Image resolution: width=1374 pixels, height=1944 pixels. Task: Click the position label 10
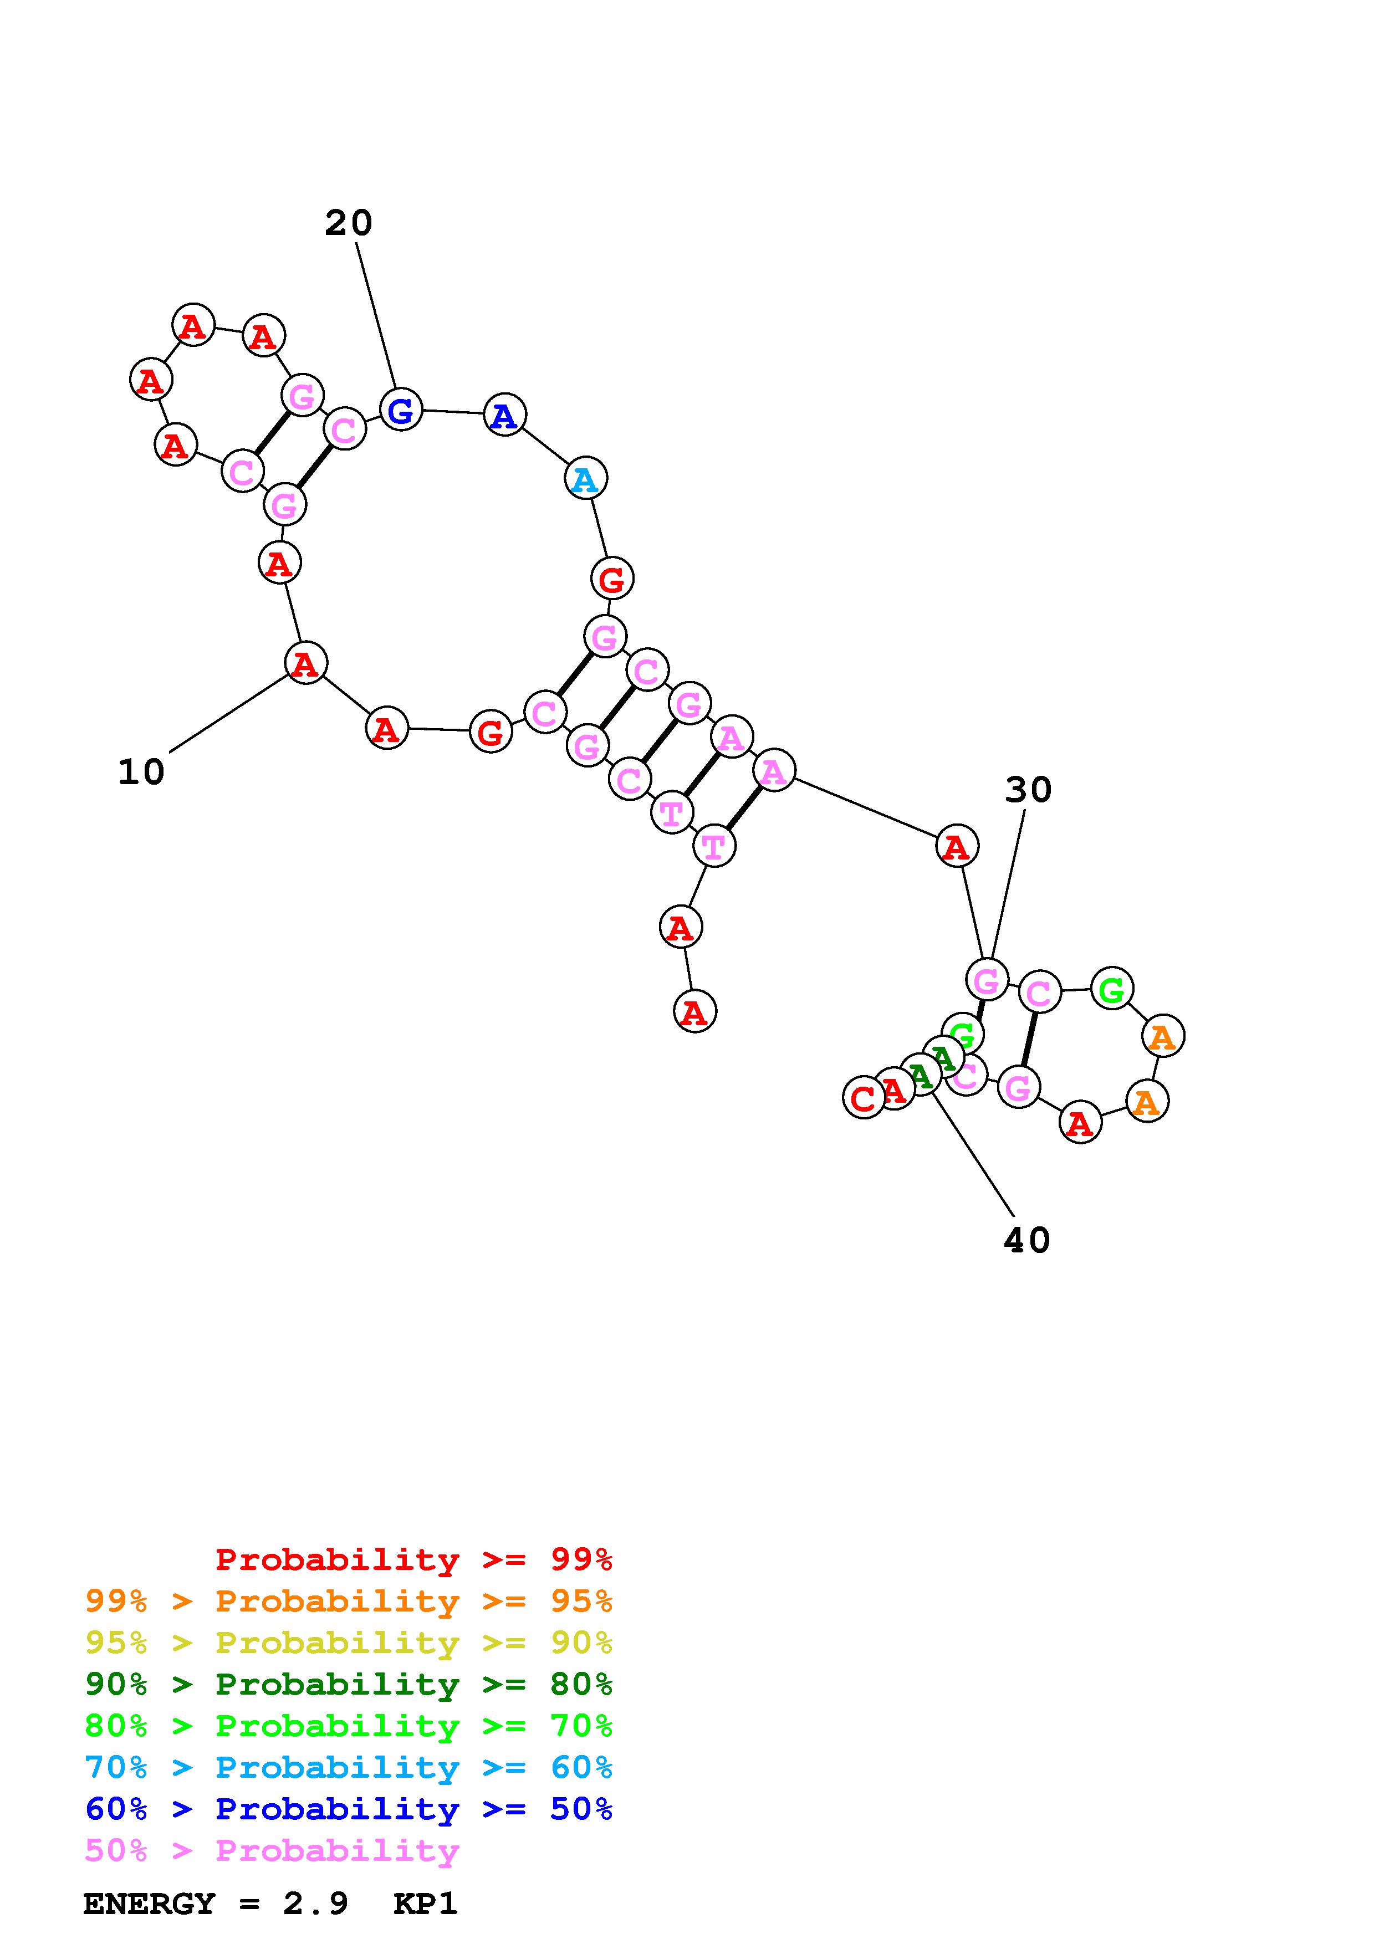pos(141,772)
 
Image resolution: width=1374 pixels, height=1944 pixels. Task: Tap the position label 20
pos(348,223)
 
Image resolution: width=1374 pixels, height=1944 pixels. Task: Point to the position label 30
pos(1028,790)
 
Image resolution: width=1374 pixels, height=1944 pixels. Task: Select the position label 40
pos(1026,1240)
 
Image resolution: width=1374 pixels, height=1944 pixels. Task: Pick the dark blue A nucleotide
pos(504,415)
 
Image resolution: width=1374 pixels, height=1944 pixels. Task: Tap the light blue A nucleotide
pos(585,479)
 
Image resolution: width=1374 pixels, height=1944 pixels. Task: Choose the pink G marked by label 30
pos(986,980)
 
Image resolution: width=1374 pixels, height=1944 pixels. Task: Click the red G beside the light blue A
pos(611,579)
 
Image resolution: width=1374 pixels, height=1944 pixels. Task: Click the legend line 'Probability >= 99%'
pos(414,1559)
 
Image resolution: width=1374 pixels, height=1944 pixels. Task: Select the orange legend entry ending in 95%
pos(349,1601)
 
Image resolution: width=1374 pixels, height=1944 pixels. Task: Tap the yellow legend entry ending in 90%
pos(349,1643)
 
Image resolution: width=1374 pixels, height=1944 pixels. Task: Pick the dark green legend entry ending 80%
pos(349,1684)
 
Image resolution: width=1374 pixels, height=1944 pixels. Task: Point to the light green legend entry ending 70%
pos(349,1726)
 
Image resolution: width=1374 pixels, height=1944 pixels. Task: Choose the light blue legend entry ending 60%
pos(349,1768)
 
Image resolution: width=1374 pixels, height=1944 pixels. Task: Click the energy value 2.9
pos(315,1904)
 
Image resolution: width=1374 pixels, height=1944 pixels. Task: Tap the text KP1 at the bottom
pos(425,1904)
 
